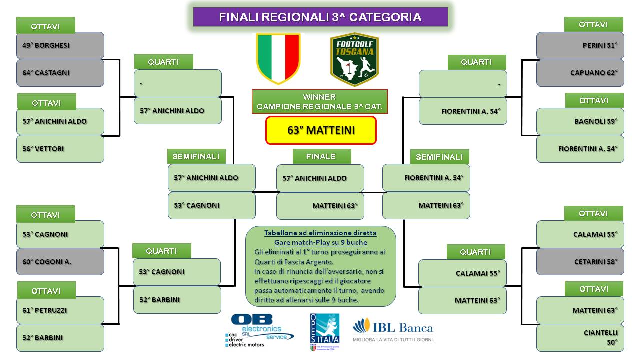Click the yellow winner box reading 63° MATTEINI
tap(321, 130)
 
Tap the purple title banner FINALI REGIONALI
tap(320, 17)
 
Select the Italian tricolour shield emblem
tap(278, 58)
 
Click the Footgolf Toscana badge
tap(354, 59)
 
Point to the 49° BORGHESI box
tap(60, 45)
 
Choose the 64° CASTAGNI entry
tap(60, 73)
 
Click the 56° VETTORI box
tap(60, 149)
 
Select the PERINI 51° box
tap(580, 45)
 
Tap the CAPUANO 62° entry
tap(580, 73)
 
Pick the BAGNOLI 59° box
tap(580, 121)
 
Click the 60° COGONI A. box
tap(60, 262)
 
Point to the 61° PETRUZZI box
tap(60, 310)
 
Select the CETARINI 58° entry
tap(580, 262)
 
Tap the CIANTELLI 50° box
tap(580, 338)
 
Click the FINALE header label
tap(322, 156)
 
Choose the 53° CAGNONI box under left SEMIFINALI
tap(211, 205)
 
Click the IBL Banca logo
tap(393, 330)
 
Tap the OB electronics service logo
tap(259, 331)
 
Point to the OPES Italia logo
tap(325, 332)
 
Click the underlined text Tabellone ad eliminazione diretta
tap(320, 233)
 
